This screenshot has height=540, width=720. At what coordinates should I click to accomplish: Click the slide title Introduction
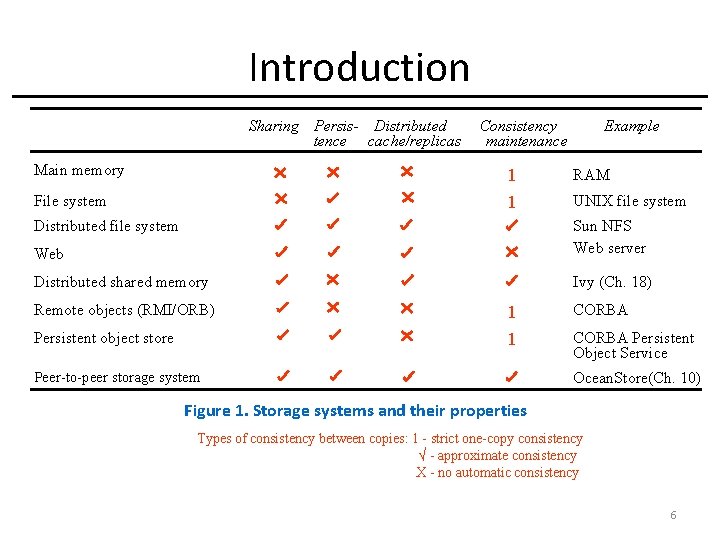pyautogui.click(x=359, y=68)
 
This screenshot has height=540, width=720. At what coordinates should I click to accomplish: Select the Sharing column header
pyautogui.click(x=273, y=126)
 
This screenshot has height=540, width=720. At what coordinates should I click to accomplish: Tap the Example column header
pyautogui.click(x=631, y=126)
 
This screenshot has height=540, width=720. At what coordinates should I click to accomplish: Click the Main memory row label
pyautogui.click(x=79, y=170)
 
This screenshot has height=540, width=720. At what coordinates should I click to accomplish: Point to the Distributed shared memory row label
pyautogui.click(x=121, y=282)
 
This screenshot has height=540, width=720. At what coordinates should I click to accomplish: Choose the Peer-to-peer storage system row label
pyautogui.click(x=117, y=377)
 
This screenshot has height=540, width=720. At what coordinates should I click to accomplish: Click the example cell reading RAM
pyautogui.click(x=591, y=175)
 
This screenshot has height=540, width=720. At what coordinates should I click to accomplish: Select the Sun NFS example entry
pyautogui.click(x=602, y=226)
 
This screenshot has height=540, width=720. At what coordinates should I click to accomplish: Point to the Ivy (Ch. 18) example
pyautogui.click(x=612, y=282)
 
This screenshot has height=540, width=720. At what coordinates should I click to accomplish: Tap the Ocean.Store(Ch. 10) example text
pyautogui.click(x=637, y=378)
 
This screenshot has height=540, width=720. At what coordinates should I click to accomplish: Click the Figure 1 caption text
pyautogui.click(x=355, y=410)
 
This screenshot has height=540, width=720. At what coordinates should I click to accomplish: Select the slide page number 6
pyautogui.click(x=673, y=515)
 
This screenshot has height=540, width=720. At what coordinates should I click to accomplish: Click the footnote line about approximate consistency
pyautogui.click(x=497, y=456)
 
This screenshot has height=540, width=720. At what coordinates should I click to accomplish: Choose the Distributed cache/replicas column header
pyautogui.click(x=412, y=133)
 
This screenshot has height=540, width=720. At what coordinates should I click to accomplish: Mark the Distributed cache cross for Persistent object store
pyautogui.click(x=407, y=336)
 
